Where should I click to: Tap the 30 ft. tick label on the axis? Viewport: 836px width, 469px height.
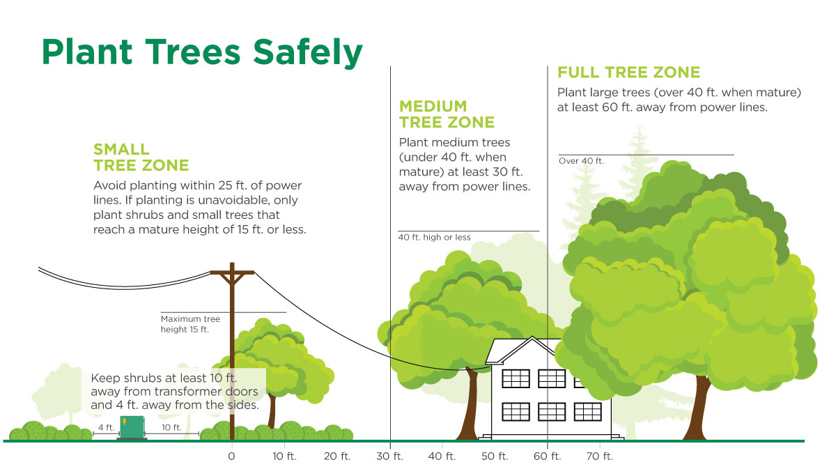pos(389,456)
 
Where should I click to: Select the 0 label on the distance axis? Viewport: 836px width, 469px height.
pos(231,456)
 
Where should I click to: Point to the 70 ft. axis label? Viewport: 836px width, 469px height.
pos(599,456)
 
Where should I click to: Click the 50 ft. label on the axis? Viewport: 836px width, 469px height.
pos(495,456)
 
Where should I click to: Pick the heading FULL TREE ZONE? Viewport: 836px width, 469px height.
pos(629,72)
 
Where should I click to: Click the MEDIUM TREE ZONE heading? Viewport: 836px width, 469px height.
pos(447,114)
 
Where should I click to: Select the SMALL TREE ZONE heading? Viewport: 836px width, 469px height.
pos(141,157)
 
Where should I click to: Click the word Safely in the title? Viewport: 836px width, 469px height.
pos(307,53)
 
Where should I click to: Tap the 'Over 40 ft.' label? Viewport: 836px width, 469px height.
pos(581,161)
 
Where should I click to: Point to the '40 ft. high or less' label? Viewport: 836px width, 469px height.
pos(435,237)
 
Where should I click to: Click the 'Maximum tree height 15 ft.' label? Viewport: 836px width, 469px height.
pos(190,324)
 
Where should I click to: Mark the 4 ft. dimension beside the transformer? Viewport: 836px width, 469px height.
pos(106,428)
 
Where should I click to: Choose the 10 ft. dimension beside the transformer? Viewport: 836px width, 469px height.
pos(171,428)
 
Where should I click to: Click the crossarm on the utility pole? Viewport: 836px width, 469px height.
pos(232,272)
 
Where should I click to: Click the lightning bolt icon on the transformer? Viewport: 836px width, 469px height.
pos(124,422)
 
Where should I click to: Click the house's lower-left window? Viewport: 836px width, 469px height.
pos(516,412)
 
